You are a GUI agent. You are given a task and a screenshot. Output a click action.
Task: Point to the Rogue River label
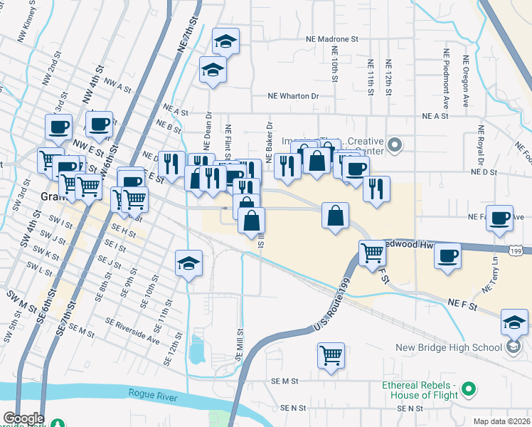coord(152,393)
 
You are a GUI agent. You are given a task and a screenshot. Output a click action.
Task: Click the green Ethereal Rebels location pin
coord(468,389)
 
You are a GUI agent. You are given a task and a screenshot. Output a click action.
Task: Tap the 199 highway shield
coord(518,251)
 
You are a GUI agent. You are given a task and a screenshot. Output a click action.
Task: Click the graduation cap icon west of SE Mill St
coord(188,263)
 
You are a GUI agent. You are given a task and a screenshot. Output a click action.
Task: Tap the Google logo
coord(23,418)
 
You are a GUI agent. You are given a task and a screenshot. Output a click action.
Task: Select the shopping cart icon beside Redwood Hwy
coord(372,252)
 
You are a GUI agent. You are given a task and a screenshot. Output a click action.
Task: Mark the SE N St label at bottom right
coord(410,408)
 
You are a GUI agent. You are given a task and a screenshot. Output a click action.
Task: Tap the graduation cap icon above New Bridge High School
coord(514,322)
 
